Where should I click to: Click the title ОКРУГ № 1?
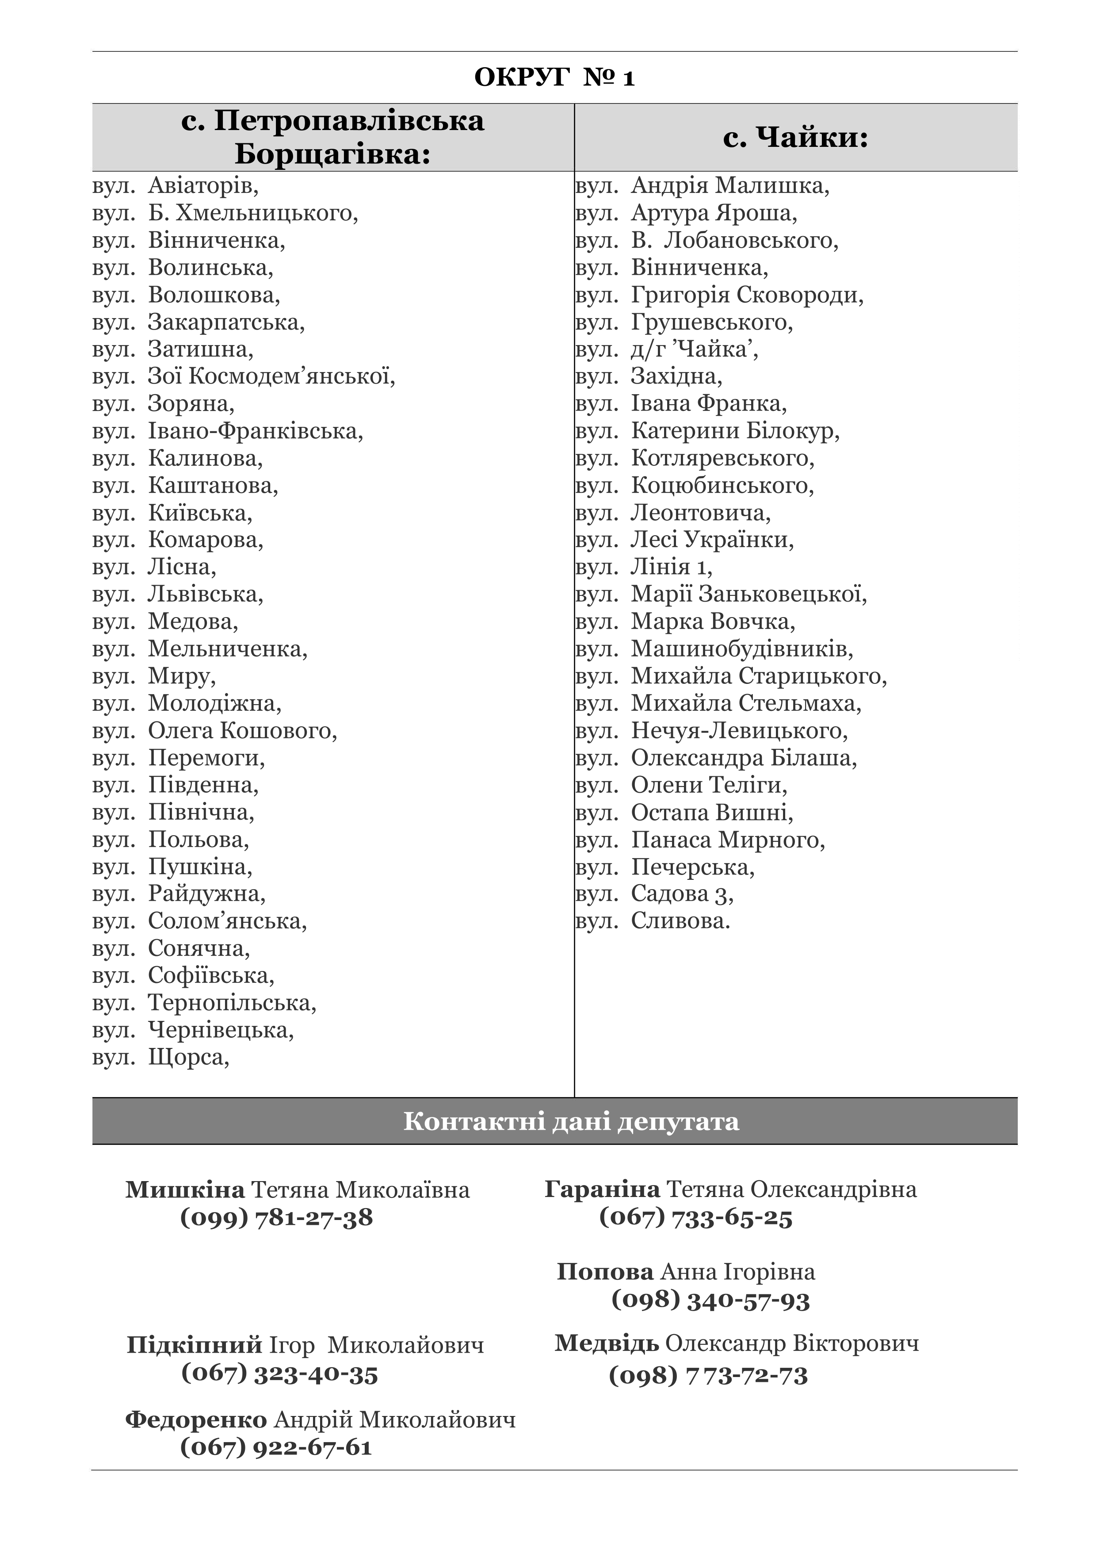pos(554,78)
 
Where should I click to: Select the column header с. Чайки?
pos(795,138)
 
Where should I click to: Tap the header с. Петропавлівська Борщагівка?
pos(333,138)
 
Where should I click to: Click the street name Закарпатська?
pos(226,322)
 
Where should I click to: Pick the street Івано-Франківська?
pos(255,431)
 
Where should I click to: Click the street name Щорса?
pos(188,1057)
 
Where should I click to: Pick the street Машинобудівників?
pos(742,649)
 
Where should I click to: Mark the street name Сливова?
pos(680,921)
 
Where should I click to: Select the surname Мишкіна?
pos(185,1189)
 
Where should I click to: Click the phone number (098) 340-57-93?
pos(710,1300)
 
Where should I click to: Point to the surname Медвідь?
pos(606,1343)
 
